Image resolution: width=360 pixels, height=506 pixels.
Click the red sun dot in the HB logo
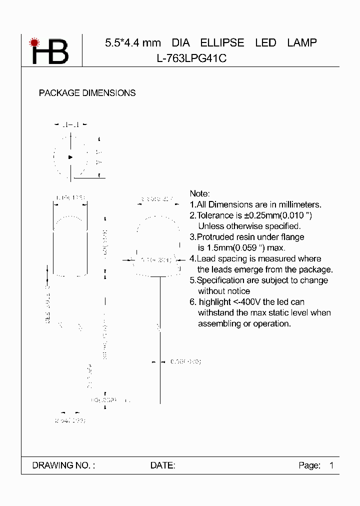point(34,42)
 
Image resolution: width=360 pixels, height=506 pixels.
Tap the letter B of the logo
point(58,52)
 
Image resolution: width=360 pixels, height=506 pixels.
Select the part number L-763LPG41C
point(192,58)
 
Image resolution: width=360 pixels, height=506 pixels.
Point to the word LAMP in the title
point(302,43)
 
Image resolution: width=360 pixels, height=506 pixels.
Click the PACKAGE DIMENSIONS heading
point(87,93)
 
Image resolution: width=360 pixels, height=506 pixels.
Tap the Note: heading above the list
point(200,193)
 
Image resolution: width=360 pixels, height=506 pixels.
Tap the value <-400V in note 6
point(249,302)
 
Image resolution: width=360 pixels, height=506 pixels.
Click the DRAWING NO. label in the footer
point(63,465)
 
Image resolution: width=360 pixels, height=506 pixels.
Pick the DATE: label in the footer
point(162,465)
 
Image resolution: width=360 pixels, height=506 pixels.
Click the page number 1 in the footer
point(331,465)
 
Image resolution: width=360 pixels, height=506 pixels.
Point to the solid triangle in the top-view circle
point(70,157)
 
